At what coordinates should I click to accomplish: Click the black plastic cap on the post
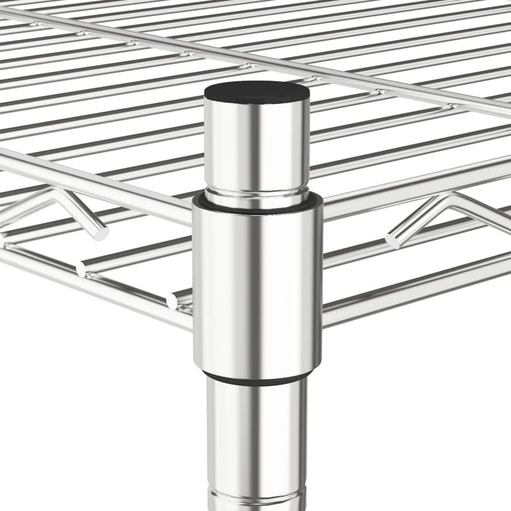(x=255, y=91)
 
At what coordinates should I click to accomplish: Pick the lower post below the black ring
(x=255, y=438)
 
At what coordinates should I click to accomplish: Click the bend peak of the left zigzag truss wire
(x=55, y=193)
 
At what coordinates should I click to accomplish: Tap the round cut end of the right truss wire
(x=392, y=239)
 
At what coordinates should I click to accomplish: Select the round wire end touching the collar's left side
(x=174, y=300)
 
